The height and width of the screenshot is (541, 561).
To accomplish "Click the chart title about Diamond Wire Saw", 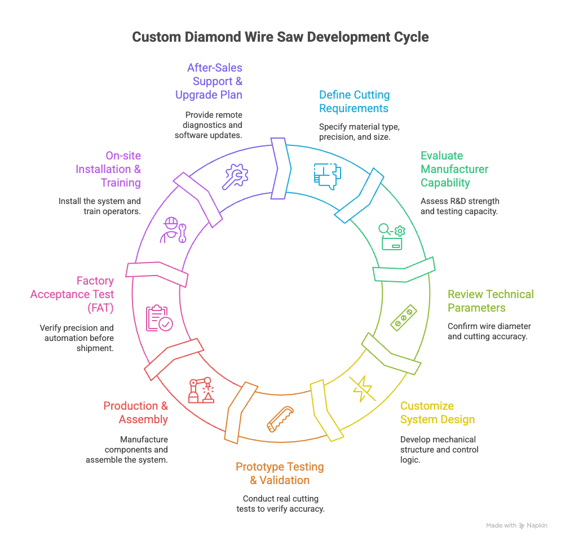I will click(x=280, y=37).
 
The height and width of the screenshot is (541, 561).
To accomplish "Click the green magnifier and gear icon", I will click(x=392, y=236).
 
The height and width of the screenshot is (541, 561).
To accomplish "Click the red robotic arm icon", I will click(x=201, y=389).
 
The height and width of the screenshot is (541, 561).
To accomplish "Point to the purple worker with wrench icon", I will click(x=173, y=230).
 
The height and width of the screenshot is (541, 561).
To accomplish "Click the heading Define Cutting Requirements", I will click(x=354, y=101).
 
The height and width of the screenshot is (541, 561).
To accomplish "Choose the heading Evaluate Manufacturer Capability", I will click(x=454, y=169).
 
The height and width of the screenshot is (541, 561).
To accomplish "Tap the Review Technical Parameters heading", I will click(x=490, y=301).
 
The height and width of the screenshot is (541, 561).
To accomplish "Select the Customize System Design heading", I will click(x=437, y=413).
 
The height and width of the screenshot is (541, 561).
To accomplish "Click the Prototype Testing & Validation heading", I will click(x=280, y=473).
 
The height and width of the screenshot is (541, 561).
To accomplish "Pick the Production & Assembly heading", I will click(x=135, y=413).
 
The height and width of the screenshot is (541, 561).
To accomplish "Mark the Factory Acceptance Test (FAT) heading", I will click(x=72, y=294).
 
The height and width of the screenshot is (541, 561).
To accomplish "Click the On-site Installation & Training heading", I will click(x=108, y=169).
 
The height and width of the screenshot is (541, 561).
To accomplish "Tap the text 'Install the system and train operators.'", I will click(x=100, y=206).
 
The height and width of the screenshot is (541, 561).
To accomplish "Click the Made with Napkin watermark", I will click(x=516, y=525).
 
